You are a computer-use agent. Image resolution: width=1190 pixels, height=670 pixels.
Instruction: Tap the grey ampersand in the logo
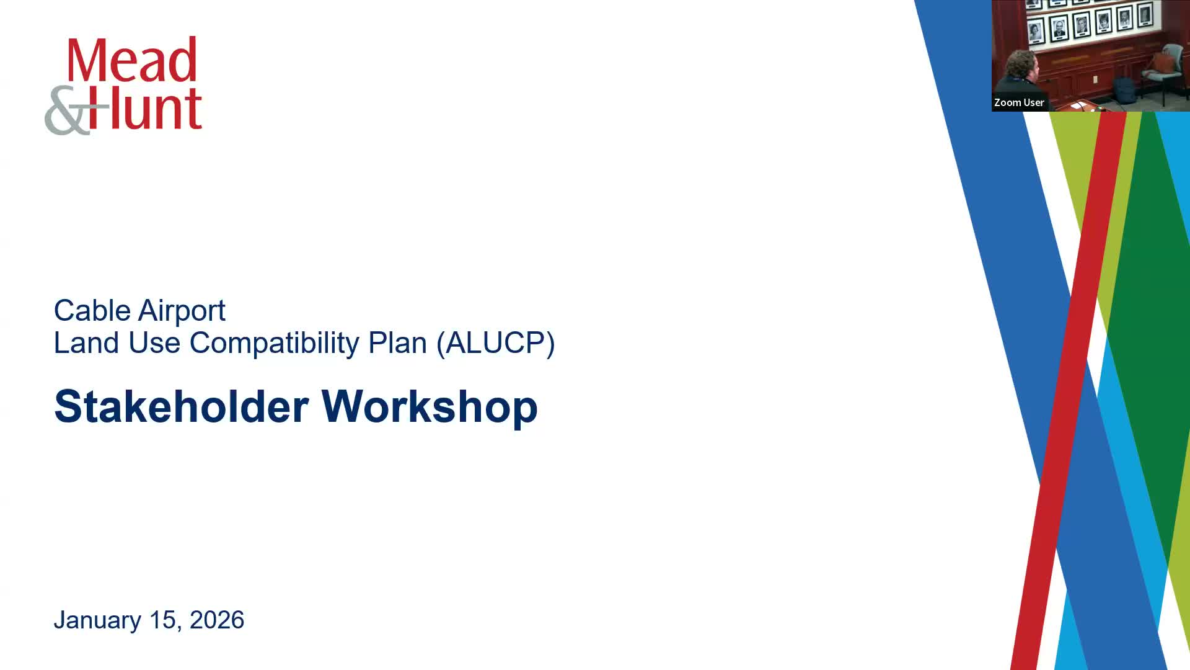(69, 110)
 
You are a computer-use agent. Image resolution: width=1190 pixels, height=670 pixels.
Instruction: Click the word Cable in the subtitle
(92, 310)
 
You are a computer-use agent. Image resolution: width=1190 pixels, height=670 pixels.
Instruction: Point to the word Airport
(182, 311)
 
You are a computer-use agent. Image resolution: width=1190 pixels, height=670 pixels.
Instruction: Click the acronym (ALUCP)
(496, 343)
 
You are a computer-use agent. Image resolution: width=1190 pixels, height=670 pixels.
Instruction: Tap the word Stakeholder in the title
(181, 406)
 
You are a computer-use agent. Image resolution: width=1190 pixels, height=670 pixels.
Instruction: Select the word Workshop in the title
(430, 408)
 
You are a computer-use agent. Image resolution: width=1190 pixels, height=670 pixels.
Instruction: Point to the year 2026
(217, 620)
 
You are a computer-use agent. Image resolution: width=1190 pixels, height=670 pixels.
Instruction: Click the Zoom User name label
(1019, 102)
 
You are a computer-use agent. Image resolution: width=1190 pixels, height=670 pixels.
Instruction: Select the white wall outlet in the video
(1096, 79)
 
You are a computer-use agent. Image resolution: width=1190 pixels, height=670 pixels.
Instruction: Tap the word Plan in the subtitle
(397, 343)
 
